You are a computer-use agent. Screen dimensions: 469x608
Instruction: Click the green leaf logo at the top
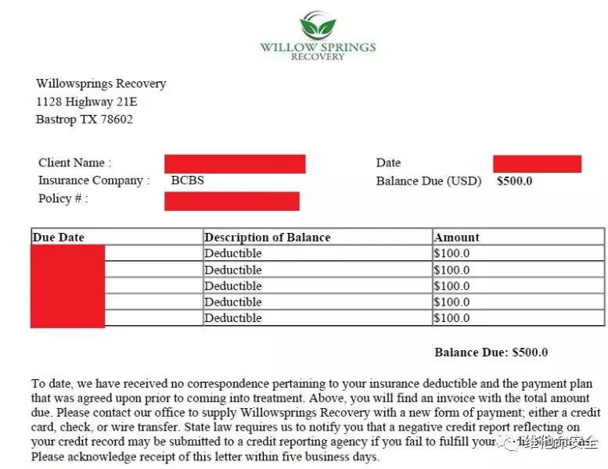(x=318, y=26)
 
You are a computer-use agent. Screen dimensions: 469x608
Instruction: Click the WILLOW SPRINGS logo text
(x=318, y=47)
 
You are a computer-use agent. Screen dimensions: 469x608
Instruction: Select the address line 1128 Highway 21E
(x=87, y=102)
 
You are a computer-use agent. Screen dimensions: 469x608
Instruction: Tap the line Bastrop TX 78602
(x=85, y=120)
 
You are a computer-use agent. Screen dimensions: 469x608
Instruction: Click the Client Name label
(x=75, y=163)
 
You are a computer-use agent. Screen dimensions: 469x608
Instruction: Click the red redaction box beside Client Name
(x=235, y=163)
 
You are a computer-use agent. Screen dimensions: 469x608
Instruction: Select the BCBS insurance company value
(x=188, y=181)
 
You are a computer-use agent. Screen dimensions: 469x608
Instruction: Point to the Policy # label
(x=63, y=199)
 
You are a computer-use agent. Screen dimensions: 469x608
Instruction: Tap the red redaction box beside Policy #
(x=232, y=201)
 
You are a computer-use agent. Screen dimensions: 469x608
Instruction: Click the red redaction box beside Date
(x=537, y=163)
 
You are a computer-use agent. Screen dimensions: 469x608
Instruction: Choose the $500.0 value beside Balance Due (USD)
(x=515, y=181)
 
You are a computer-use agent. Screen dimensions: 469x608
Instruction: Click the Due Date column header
(x=59, y=237)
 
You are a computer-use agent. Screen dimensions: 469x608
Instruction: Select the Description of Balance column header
(x=268, y=237)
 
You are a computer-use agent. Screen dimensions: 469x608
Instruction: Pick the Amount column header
(x=457, y=237)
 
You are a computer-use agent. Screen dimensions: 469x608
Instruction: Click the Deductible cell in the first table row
(x=233, y=253)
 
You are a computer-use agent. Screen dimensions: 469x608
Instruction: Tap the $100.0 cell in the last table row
(x=452, y=318)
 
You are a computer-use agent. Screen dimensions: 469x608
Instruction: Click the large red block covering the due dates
(x=67, y=285)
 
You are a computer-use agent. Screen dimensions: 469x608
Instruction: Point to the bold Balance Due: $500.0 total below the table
(x=491, y=353)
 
